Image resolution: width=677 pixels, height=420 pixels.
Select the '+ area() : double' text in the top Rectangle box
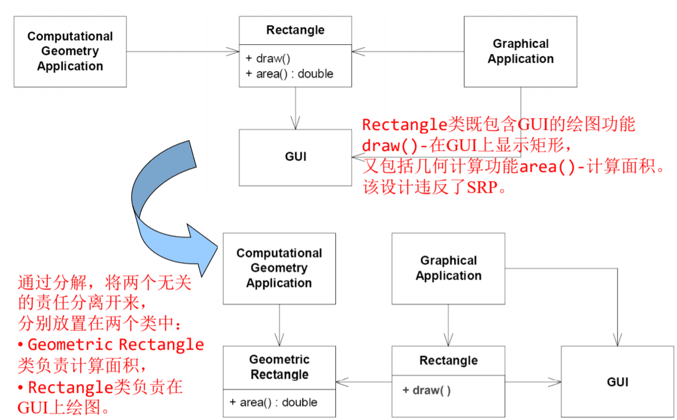(x=289, y=74)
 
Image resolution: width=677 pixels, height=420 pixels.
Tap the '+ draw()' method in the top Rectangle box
(x=268, y=59)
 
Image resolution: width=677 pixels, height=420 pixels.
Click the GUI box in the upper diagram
(x=295, y=157)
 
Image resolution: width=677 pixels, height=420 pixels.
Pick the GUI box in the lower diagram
(x=617, y=382)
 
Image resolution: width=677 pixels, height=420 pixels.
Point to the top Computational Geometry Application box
(x=70, y=51)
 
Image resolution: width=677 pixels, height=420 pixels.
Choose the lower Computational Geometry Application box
(x=279, y=269)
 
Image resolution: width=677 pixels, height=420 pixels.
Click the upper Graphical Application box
(x=520, y=51)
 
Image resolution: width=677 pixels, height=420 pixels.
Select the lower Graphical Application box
(x=448, y=269)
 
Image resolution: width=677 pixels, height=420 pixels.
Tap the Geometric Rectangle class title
(x=279, y=367)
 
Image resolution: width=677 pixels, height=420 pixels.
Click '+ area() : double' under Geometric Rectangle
(x=274, y=403)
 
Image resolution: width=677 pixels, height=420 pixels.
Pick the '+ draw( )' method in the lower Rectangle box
(x=426, y=390)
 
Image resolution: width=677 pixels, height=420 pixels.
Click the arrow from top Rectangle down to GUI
(x=296, y=108)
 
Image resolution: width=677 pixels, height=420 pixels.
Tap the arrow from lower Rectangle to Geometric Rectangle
(x=364, y=382)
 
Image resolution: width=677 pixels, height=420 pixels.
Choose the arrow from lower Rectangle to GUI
(x=533, y=382)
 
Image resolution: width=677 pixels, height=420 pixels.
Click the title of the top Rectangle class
(x=295, y=30)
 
